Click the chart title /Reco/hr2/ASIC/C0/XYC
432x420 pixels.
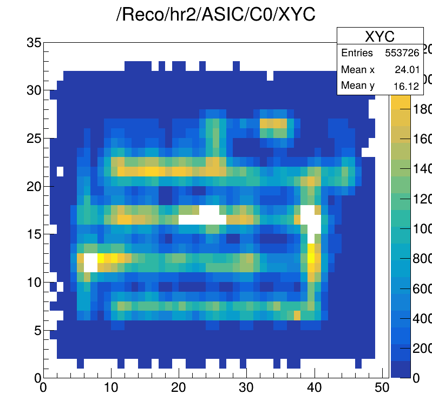coord(216,15)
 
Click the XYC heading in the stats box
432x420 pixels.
coord(379,36)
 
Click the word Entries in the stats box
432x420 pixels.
coord(357,53)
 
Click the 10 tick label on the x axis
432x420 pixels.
coord(111,388)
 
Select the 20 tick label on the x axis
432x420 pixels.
coord(179,388)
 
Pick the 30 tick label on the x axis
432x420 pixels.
coord(246,388)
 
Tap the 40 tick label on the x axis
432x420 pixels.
coord(314,388)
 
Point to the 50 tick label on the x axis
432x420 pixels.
coord(382,388)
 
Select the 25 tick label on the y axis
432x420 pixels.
coord(34,138)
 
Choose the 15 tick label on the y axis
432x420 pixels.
coord(34,234)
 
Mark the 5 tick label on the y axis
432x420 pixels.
coord(37,330)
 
